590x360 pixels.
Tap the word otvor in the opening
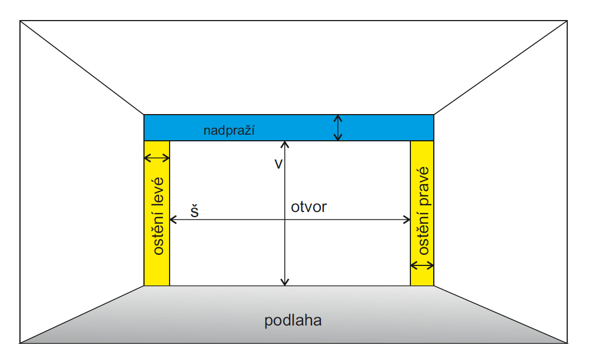point(309,208)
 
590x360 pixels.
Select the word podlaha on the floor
point(293,321)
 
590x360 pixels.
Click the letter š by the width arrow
point(195,212)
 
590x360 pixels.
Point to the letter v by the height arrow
point(279,164)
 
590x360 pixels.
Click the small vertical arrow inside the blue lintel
point(337,127)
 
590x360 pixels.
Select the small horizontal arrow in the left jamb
point(157,159)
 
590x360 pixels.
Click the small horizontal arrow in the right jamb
point(422,265)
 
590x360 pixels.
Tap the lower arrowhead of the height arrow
point(285,283)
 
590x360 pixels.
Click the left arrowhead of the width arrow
point(172,220)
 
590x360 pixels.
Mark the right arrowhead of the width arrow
point(407,220)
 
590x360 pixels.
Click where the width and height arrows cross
point(285,220)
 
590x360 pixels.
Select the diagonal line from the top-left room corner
point(82,67)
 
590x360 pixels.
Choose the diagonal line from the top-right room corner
point(500,67)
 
